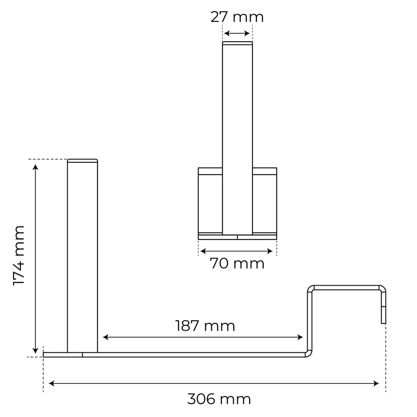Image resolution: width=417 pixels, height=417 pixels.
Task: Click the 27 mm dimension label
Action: [x=237, y=17]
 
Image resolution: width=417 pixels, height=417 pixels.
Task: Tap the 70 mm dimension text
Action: [x=237, y=264]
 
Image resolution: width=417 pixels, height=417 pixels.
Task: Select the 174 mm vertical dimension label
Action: [x=19, y=256]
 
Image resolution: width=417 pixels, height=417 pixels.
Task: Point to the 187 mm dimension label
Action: [x=205, y=326]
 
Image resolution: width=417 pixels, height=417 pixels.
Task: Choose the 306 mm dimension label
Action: [x=219, y=399]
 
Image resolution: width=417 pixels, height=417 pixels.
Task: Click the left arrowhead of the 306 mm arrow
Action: [x=52, y=383]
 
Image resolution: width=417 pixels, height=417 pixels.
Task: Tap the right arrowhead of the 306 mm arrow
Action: [x=376, y=383]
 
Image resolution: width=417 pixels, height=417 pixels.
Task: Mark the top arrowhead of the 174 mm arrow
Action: [x=36, y=167]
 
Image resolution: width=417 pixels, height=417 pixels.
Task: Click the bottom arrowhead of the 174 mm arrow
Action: [x=36, y=351]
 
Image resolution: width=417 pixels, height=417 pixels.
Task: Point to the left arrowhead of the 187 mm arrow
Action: [x=105, y=337]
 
